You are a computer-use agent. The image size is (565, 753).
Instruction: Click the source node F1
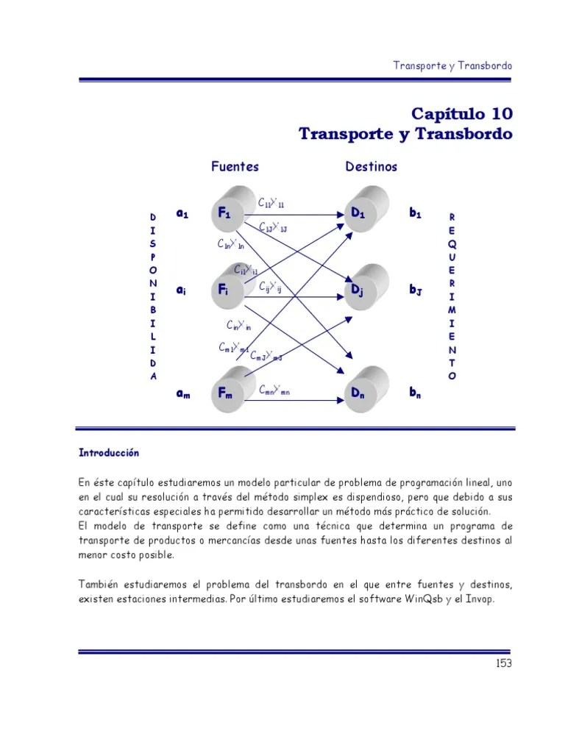[x=226, y=213]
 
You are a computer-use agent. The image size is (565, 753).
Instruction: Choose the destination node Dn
[x=360, y=393]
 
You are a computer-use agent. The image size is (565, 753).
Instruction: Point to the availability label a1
[x=182, y=213]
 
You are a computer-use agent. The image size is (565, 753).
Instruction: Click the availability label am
[x=182, y=393]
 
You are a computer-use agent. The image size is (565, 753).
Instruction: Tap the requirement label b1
[x=416, y=213]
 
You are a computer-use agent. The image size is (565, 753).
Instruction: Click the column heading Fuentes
[x=235, y=166]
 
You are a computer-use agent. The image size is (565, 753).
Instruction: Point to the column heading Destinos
[x=371, y=166]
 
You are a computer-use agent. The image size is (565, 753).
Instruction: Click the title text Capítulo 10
[x=461, y=114]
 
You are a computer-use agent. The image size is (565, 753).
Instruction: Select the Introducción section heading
[x=109, y=453]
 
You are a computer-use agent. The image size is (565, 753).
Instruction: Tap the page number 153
[x=503, y=663]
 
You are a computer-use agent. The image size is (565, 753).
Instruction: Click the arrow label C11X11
[x=271, y=203]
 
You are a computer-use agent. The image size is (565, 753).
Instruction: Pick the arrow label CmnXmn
[x=274, y=390]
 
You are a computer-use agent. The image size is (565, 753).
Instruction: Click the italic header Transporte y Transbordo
[x=452, y=65]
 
